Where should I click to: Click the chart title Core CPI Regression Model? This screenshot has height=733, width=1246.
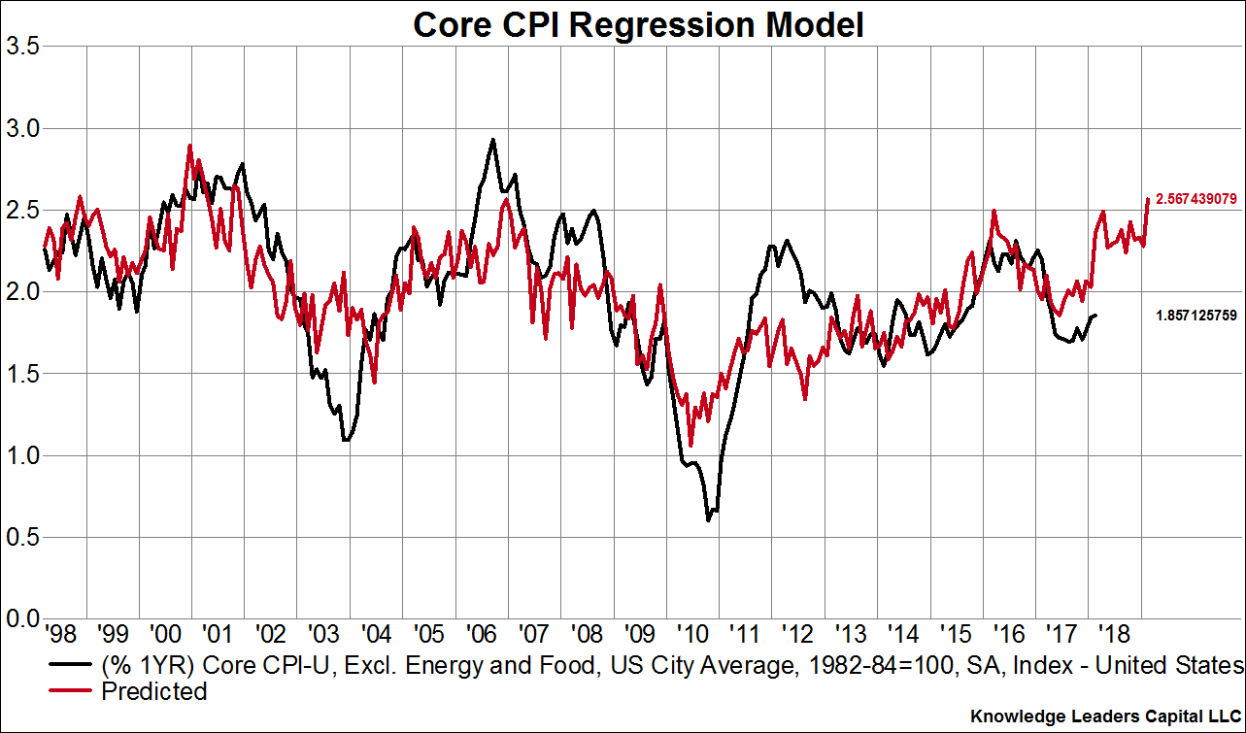coord(638,24)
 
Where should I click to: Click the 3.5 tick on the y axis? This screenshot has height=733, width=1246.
coord(22,47)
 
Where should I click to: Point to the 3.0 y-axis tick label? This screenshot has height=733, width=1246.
coord(22,128)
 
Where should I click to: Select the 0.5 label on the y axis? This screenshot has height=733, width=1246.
coord(22,537)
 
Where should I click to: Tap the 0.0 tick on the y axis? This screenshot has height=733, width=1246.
coord(22,618)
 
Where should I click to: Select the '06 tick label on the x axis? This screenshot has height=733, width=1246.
coord(480,636)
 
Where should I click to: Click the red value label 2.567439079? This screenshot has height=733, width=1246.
coord(1195,199)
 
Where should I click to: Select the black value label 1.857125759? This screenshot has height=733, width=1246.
coord(1195,316)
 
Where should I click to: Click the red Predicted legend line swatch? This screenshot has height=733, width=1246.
coord(71,691)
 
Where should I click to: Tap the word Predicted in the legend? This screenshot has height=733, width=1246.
coord(153,691)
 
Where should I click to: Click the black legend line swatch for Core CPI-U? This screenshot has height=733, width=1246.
coord(71,666)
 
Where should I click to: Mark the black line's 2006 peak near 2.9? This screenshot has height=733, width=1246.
coord(493,139)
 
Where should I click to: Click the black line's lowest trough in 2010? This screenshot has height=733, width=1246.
coord(708,520)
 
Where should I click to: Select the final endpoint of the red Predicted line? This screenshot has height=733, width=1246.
coord(1148,199)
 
